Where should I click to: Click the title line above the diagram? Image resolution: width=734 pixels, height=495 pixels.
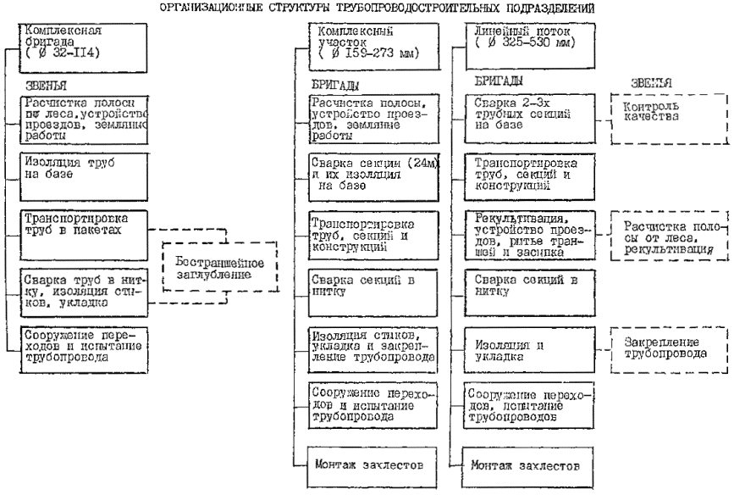pos(367,8)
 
